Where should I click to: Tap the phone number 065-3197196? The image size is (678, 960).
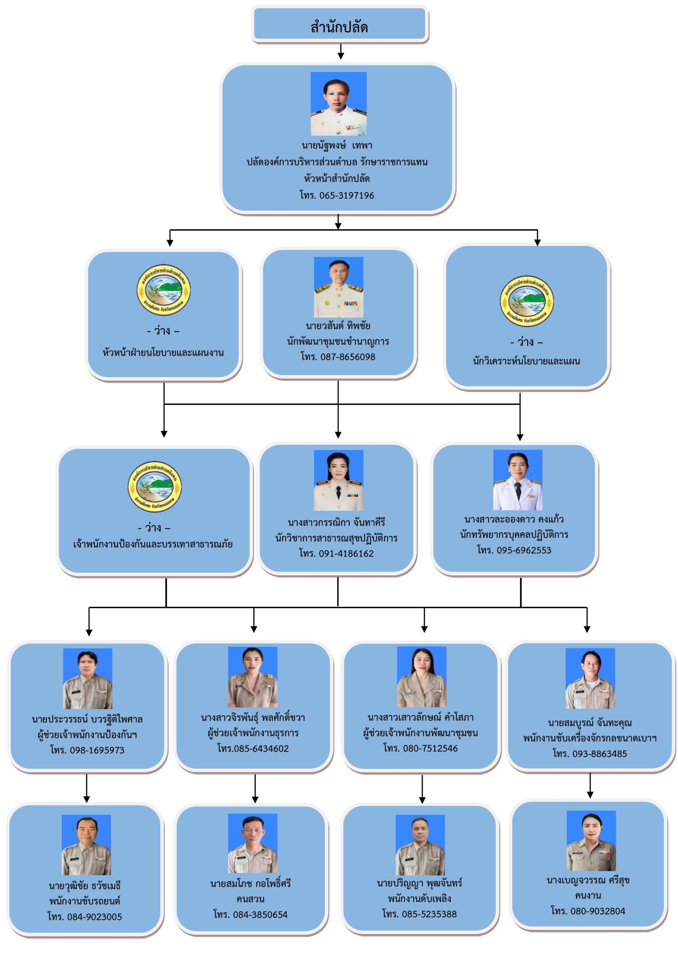(337, 195)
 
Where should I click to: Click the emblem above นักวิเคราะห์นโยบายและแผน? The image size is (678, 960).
(526, 301)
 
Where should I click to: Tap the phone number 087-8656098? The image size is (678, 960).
(338, 357)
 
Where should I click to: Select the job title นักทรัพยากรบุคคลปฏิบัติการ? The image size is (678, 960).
(514, 534)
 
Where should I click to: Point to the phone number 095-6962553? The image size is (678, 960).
(514, 550)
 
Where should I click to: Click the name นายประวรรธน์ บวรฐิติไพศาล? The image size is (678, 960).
(87, 719)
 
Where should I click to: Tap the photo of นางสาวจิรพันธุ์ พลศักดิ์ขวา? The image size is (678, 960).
(252, 676)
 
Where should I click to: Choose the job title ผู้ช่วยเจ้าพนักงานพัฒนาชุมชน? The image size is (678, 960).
(420, 732)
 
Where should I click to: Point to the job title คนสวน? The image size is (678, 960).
(250, 898)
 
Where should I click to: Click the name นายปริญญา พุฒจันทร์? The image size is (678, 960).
(420, 883)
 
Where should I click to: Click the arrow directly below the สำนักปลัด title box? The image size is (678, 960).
(340, 51)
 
